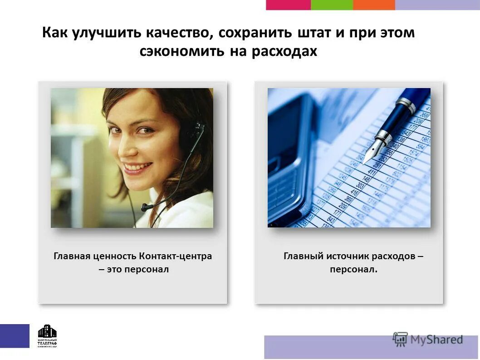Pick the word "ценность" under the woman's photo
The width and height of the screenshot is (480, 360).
(115, 256)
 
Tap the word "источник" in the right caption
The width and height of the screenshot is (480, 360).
(348, 256)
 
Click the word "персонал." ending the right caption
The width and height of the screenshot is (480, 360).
(353, 270)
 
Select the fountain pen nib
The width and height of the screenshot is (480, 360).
(370, 152)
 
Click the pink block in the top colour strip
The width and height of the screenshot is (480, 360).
(288, 5)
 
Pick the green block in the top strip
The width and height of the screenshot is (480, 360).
(332, 5)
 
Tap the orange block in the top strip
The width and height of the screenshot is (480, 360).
(374, 5)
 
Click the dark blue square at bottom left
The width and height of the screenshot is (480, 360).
(15, 336)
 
